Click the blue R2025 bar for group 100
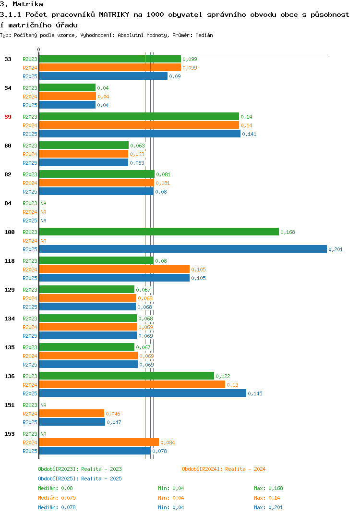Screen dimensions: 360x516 pos(183,249)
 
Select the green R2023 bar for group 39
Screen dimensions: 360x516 pos(139,116)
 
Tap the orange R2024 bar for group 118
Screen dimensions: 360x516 pos(114,270)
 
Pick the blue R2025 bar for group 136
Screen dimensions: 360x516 pos(143,393)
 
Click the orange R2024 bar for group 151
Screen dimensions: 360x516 pos(72,414)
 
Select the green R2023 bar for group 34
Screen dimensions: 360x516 pos(67,88)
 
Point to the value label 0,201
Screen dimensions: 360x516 pos(336,249)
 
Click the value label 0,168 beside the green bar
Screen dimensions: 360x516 pos(288,232)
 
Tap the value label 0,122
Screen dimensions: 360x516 pos(223,376)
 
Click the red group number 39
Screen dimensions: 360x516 pos(8,117)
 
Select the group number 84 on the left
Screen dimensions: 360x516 pos(8,203)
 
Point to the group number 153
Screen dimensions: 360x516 pos(10,434)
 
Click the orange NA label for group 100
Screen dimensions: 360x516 pos(43,241)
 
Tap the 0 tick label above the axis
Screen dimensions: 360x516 pos(38,49)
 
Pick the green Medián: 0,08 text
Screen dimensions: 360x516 pos(55,488)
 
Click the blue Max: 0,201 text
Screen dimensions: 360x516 pos(268,507)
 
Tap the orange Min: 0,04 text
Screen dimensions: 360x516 pos(171,498)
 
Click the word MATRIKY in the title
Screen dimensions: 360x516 pos(114,14)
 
